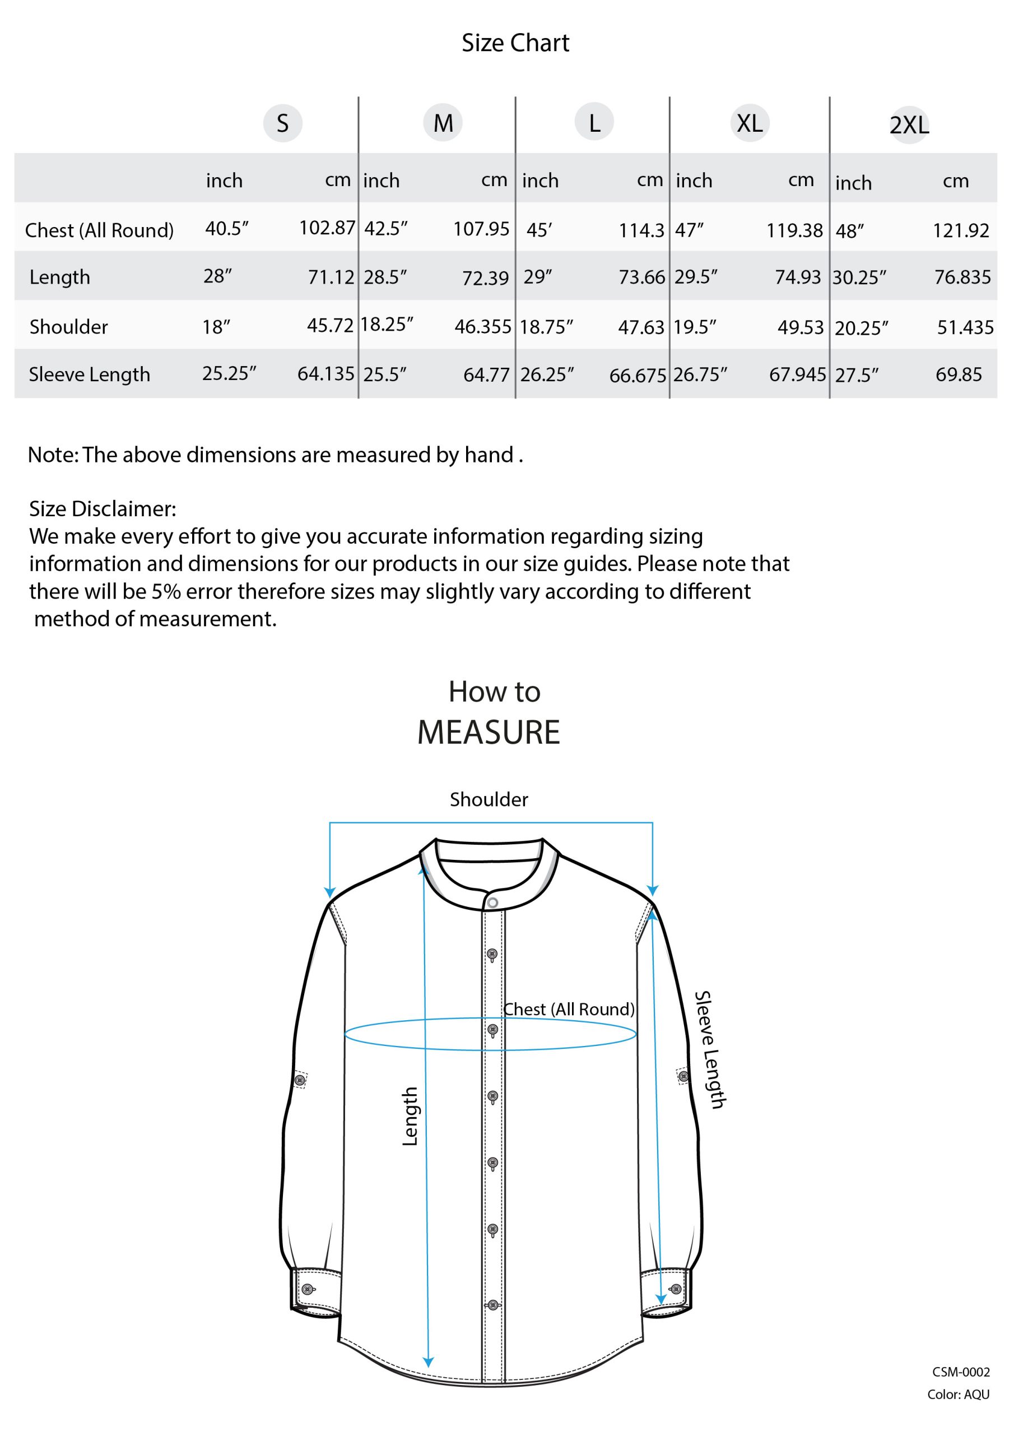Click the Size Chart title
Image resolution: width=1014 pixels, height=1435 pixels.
coord(515,43)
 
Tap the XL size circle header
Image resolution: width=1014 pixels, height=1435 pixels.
coord(749,123)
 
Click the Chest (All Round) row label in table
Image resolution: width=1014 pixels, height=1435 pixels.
coord(99,230)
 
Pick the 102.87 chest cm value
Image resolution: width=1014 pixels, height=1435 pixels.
coord(327,228)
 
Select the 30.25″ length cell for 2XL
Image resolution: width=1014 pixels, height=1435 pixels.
coord(859,277)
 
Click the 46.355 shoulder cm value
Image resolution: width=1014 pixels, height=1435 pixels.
coord(482,326)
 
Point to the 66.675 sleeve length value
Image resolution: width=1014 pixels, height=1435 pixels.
coord(638,375)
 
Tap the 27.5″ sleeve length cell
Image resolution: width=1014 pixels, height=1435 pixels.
coord(857,375)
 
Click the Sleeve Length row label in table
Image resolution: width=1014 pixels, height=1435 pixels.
coord(89,374)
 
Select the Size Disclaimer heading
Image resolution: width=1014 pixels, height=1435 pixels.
coord(103,509)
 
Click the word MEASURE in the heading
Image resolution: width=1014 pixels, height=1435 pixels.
coord(489,732)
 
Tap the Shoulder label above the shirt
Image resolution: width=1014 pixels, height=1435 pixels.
coord(489,799)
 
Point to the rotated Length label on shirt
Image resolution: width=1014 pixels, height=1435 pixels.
coord(410,1116)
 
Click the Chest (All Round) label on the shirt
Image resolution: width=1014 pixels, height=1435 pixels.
coord(569,1010)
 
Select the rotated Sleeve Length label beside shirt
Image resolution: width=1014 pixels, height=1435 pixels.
coord(710,1049)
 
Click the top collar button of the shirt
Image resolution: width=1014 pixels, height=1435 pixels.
coord(492,902)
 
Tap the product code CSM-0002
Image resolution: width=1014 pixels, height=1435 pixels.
coord(960,1372)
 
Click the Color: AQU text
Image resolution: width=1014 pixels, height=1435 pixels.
coord(958,1395)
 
